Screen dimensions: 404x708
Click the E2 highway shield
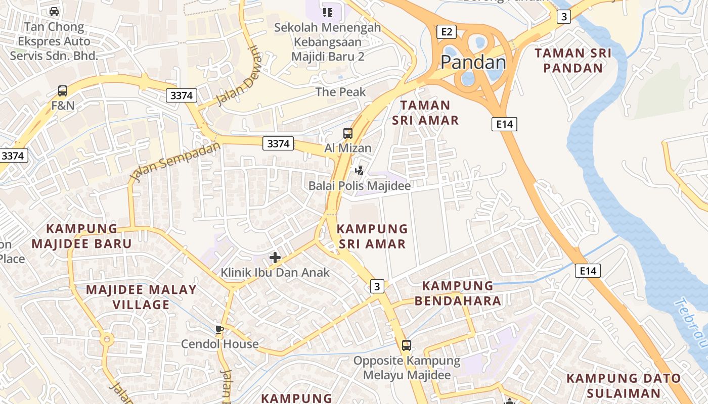point(446,32)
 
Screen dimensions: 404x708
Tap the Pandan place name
point(473,62)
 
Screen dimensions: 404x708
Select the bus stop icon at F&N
point(63,91)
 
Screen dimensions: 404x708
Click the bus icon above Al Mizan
point(348,133)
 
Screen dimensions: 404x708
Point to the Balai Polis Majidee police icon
point(360,171)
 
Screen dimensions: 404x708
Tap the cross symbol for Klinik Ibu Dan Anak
point(275,258)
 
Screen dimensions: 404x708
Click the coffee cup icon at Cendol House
point(219,330)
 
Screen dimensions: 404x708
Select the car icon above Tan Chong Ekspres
point(54,11)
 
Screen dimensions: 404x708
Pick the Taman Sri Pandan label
point(573,61)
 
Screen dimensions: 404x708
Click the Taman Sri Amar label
point(425,113)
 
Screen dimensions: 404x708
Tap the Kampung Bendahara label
point(458,293)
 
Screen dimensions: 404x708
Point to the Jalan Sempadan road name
point(175,162)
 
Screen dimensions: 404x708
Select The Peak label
point(340,92)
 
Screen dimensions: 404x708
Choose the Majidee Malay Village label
point(141,297)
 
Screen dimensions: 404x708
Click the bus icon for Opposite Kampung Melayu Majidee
point(407,345)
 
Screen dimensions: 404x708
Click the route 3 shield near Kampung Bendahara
point(377,286)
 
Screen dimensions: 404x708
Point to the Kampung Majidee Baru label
point(81,236)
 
